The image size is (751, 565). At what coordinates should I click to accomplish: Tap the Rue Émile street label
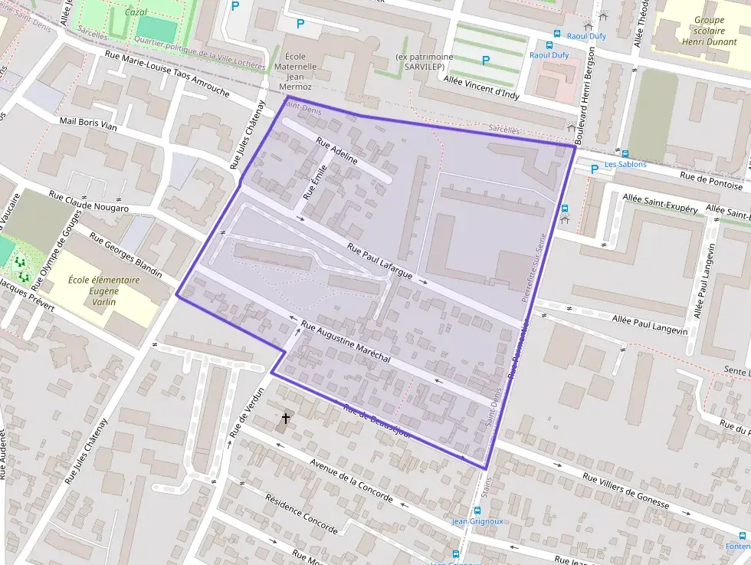[x=315, y=182]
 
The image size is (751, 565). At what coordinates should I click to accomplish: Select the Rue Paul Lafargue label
[x=380, y=261]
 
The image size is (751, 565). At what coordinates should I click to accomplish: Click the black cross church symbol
[x=286, y=419]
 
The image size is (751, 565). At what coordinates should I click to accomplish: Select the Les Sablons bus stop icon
[x=625, y=153]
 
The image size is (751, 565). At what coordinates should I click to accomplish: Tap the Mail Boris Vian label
[x=88, y=125]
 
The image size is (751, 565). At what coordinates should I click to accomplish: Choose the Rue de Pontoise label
[x=712, y=180]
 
